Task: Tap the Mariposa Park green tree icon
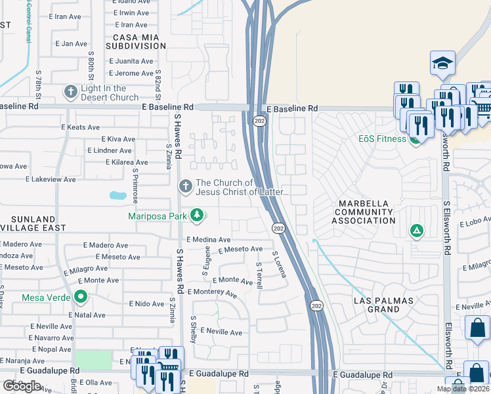(196, 215)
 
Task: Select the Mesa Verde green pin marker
(81, 297)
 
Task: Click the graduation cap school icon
(442, 64)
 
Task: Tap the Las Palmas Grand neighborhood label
(383, 305)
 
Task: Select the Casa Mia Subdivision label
(139, 42)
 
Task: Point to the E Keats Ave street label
(80, 127)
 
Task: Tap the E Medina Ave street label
(209, 240)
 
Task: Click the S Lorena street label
(280, 263)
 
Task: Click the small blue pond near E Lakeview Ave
(117, 195)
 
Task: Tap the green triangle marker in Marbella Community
(416, 230)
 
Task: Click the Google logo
(22, 386)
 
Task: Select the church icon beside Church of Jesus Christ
(185, 187)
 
